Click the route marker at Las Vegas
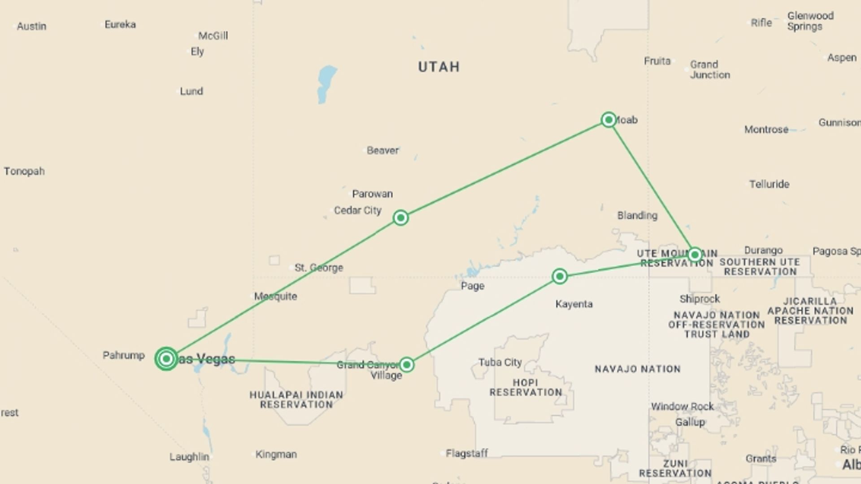[x=166, y=359]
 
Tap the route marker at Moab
[x=609, y=120]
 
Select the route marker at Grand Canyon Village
[x=406, y=365]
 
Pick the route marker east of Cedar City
[x=400, y=218]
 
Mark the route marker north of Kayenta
[x=559, y=276]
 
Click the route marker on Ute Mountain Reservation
[x=695, y=255]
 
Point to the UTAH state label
[x=439, y=67]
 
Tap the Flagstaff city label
[x=466, y=454]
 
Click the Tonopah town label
[x=24, y=171]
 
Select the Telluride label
[x=769, y=184]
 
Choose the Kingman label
[x=276, y=454]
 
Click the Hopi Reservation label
[x=526, y=388]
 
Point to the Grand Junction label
[x=709, y=69]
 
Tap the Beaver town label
[x=383, y=151]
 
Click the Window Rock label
[x=682, y=406]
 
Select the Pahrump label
[x=123, y=355]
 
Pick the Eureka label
[x=120, y=25]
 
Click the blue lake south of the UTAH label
[x=326, y=83]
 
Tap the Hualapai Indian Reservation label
[x=296, y=400]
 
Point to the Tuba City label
[x=500, y=362]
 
